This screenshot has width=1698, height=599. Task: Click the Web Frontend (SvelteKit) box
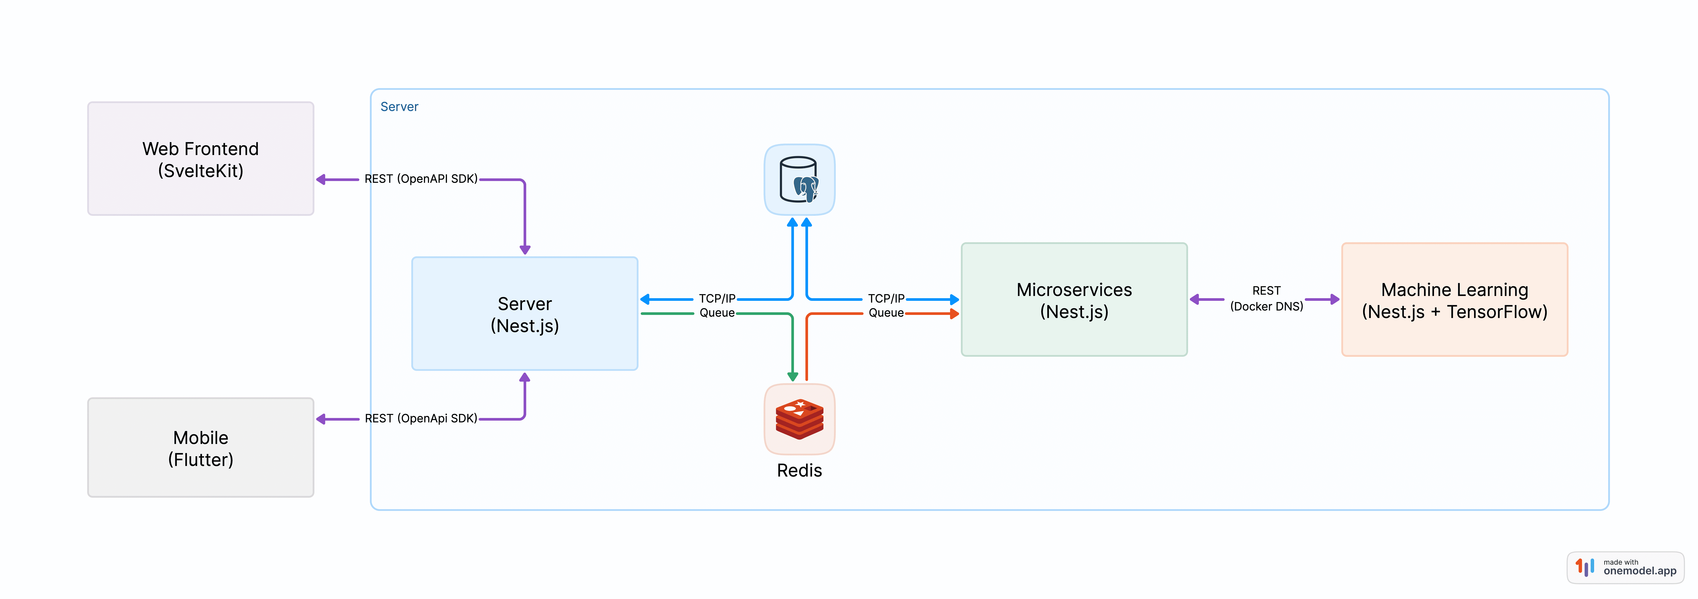point(200,158)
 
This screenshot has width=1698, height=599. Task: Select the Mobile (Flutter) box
point(200,447)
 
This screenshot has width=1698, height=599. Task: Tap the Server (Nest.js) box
point(525,314)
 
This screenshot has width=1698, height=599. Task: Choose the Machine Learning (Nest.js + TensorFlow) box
point(1455,300)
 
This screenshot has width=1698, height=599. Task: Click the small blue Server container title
point(399,107)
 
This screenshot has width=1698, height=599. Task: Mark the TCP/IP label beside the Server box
point(717,299)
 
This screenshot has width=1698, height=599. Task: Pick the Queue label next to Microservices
point(886,313)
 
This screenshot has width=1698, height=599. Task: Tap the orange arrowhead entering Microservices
point(954,314)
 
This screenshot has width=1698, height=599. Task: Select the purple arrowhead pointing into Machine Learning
point(1335,299)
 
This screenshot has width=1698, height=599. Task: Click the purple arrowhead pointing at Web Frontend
point(321,179)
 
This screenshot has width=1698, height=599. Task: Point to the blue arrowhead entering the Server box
point(645,299)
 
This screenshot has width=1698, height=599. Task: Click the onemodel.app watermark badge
point(1626,567)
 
